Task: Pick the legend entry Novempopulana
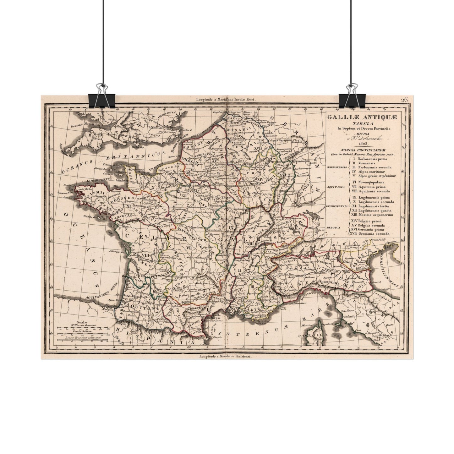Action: tap(371, 182)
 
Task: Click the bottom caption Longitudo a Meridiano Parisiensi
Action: tap(225, 356)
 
